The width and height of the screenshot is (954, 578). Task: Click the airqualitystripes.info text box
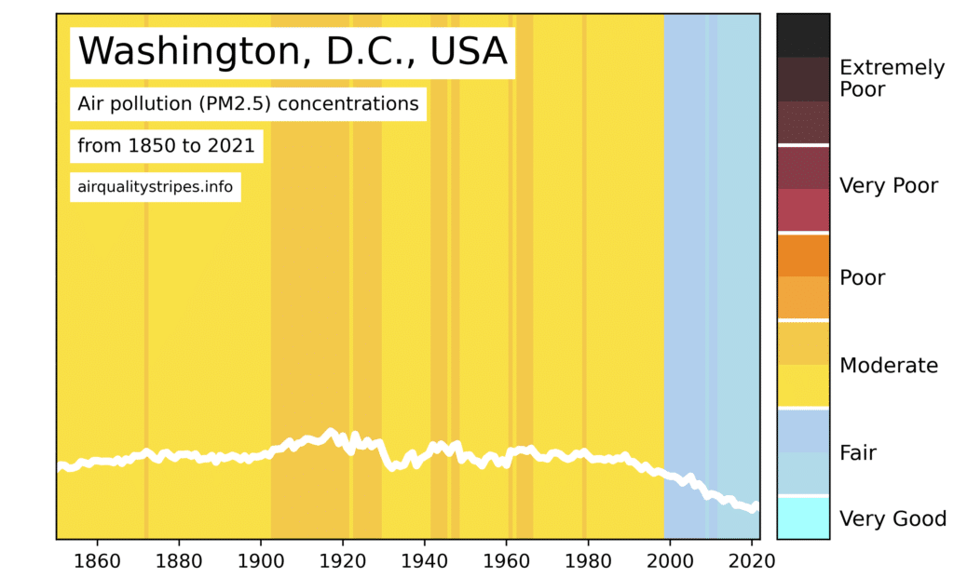click(x=155, y=186)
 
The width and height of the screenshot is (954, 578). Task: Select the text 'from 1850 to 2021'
click(x=166, y=146)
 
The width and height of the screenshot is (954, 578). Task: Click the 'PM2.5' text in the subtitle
click(x=233, y=103)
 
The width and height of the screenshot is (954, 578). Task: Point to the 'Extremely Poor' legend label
click(x=891, y=78)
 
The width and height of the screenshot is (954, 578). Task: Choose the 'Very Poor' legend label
click(x=888, y=186)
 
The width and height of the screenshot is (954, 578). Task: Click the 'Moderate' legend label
click(x=888, y=366)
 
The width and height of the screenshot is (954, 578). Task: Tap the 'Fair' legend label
click(x=858, y=453)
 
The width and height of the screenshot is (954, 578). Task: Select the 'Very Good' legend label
click(x=893, y=519)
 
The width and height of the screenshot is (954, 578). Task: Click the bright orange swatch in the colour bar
click(x=803, y=255)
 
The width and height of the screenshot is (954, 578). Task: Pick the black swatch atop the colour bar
click(x=803, y=34)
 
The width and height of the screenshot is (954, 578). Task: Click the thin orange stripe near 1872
click(x=145, y=279)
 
